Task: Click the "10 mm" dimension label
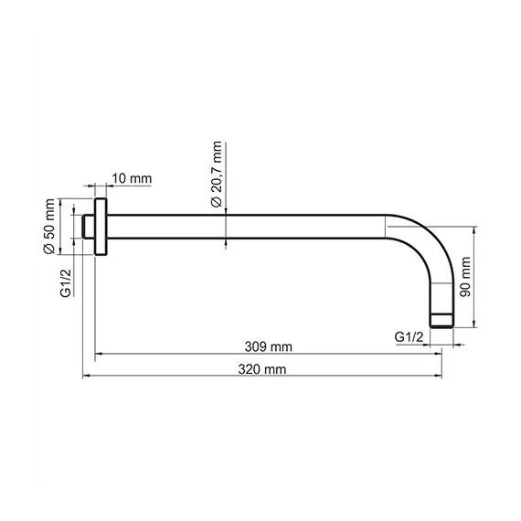coord(132,178)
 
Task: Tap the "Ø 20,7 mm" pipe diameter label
coord(217,174)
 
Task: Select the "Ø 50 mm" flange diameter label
coord(51,228)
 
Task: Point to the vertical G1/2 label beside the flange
coord(66,282)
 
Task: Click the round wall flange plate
coord(102,228)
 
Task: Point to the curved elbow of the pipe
coord(425,242)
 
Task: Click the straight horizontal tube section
coord(247,228)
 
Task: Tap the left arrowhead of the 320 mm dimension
coord(87,376)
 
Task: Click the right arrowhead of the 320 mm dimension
coord(438,376)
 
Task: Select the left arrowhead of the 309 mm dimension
coord(101,354)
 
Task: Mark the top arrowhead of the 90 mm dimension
coord(475,231)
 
